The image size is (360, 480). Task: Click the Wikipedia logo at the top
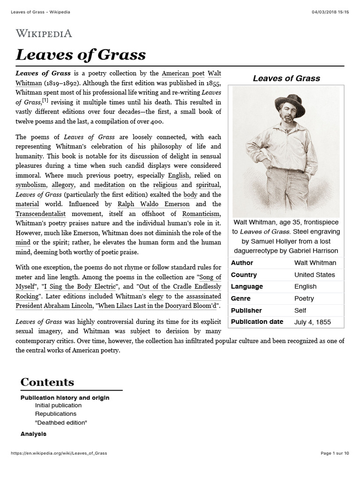pos(44,33)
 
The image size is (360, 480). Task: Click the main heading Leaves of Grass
pos(81,55)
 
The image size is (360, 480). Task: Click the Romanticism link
pos(202,214)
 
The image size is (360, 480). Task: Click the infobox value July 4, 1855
pos(312,322)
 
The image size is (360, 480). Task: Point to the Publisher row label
pos(246,310)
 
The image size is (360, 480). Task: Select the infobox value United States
pos(315,275)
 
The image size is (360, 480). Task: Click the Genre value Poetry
pos(304,299)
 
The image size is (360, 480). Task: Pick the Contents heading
pos(47,382)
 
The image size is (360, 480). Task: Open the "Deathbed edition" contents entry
pos(61,422)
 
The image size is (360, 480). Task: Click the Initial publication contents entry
pos(58,405)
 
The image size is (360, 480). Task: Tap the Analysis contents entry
pos(33,434)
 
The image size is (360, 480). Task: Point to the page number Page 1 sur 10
pos(335,453)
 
